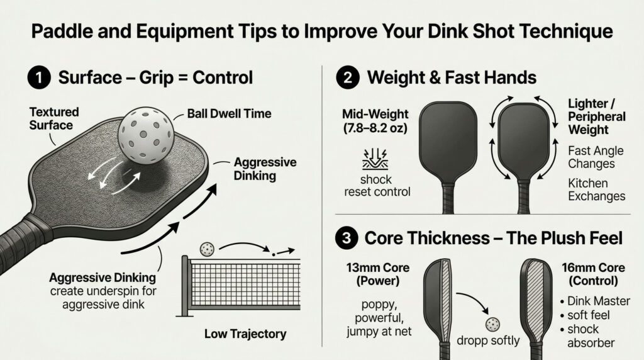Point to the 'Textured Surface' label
pyautogui.click(x=54, y=118)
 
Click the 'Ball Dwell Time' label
pyautogui.click(x=229, y=114)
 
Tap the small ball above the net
pyautogui.click(x=205, y=249)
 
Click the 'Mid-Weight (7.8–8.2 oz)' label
pyautogui.click(x=375, y=121)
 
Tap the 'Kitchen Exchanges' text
pyautogui.click(x=596, y=189)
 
